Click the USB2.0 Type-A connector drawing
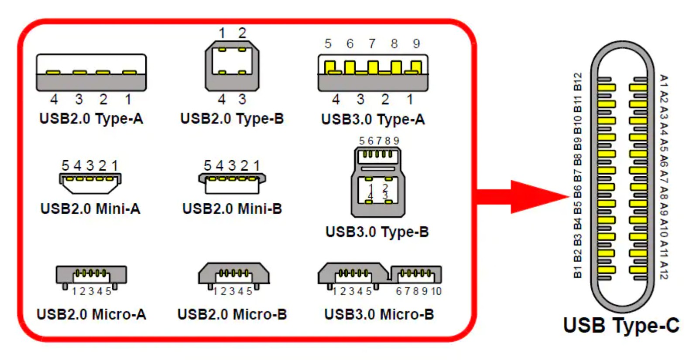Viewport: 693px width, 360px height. (x=91, y=72)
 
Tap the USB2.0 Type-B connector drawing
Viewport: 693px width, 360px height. (x=232, y=66)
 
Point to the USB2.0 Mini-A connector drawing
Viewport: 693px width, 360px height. (x=90, y=182)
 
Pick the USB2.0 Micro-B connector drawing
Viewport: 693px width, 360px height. (x=233, y=275)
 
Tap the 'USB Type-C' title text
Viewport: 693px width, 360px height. (x=621, y=326)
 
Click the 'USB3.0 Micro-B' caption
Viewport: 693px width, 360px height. (x=379, y=314)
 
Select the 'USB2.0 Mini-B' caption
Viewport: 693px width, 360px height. (x=232, y=209)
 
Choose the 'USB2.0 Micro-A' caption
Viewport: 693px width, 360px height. (x=91, y=314)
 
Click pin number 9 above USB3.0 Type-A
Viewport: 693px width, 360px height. (x=416, y=44)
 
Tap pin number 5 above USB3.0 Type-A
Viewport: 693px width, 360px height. (x=328, y=44)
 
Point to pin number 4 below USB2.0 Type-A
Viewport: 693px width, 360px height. (x=54, y=99)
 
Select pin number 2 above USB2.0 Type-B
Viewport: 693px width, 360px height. (x=242, y=33)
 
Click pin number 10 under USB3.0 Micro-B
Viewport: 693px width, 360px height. (x=436, y=291)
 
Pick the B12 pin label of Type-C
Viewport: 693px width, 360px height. (x=577, y=82)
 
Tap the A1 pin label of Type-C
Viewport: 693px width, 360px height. (x=664, y=81)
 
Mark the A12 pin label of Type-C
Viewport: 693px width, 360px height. (x=664, y=270)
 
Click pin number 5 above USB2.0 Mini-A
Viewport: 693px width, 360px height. (x=65, y=166)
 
